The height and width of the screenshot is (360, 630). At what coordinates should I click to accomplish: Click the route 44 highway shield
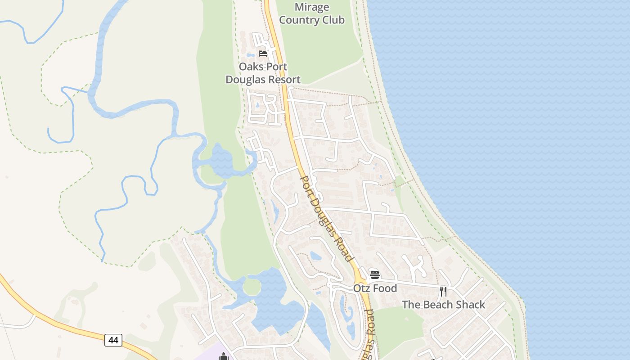pyautogui.click(x=113, y=340)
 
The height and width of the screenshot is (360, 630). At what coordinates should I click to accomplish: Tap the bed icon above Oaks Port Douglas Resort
pyautogui.click(x=263, y=53)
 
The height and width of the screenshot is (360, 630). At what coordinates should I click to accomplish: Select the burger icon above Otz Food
pyautogui.click(x=375, y=274)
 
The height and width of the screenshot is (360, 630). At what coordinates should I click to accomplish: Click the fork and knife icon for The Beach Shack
pyautogui.click(x=443, y=291)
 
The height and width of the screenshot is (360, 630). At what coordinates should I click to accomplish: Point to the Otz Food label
pyautogui.click(x=375, y=288)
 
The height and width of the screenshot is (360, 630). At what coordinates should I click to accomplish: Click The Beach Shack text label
pyautogui.click(x=443, y=305)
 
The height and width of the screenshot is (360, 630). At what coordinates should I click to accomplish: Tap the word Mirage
pyautogui.click(x=312, y=7)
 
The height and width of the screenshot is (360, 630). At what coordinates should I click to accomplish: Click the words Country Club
pyautogui.click(x=312, y=20)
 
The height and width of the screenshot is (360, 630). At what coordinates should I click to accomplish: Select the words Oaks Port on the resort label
pyautogui.click(x=263, y=67)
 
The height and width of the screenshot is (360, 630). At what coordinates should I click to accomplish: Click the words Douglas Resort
pyautogui.click(x=263, y=80)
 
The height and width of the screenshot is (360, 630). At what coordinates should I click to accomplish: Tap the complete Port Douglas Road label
pyautogui.click(x=326, y=218)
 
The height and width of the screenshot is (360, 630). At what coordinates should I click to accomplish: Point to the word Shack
pyautogui.click(x=470, y=305)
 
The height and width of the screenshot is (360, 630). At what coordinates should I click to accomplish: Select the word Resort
pyautogui.click(x=282, y=80)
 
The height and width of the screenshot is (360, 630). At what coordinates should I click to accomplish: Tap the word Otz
pyautogui.click(x=361, y=288)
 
